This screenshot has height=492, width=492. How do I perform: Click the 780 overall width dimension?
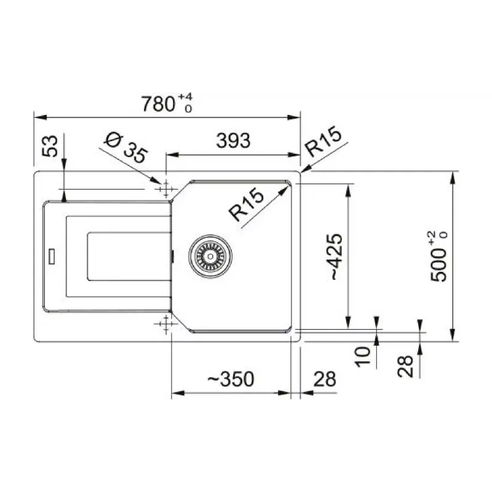pyautogui.click(x=158, y=104)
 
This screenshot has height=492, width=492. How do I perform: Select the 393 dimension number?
pyautogui.click(x=233, y=141)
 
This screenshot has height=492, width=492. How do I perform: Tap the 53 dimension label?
pyautogui.click(x=50, y=146)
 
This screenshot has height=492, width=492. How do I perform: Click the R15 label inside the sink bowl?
pyautogui.click(x=247, y=204)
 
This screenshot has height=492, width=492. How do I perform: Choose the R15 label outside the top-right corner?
pyautogui.click(x=323, y=141)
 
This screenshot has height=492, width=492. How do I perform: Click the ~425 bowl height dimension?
pyautogui.click(x=335, y=256)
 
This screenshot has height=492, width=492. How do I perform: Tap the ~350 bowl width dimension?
pyautogui.click(x=231, y=379)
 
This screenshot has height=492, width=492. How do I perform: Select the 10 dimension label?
pyautogui.click(x=363, y=357)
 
